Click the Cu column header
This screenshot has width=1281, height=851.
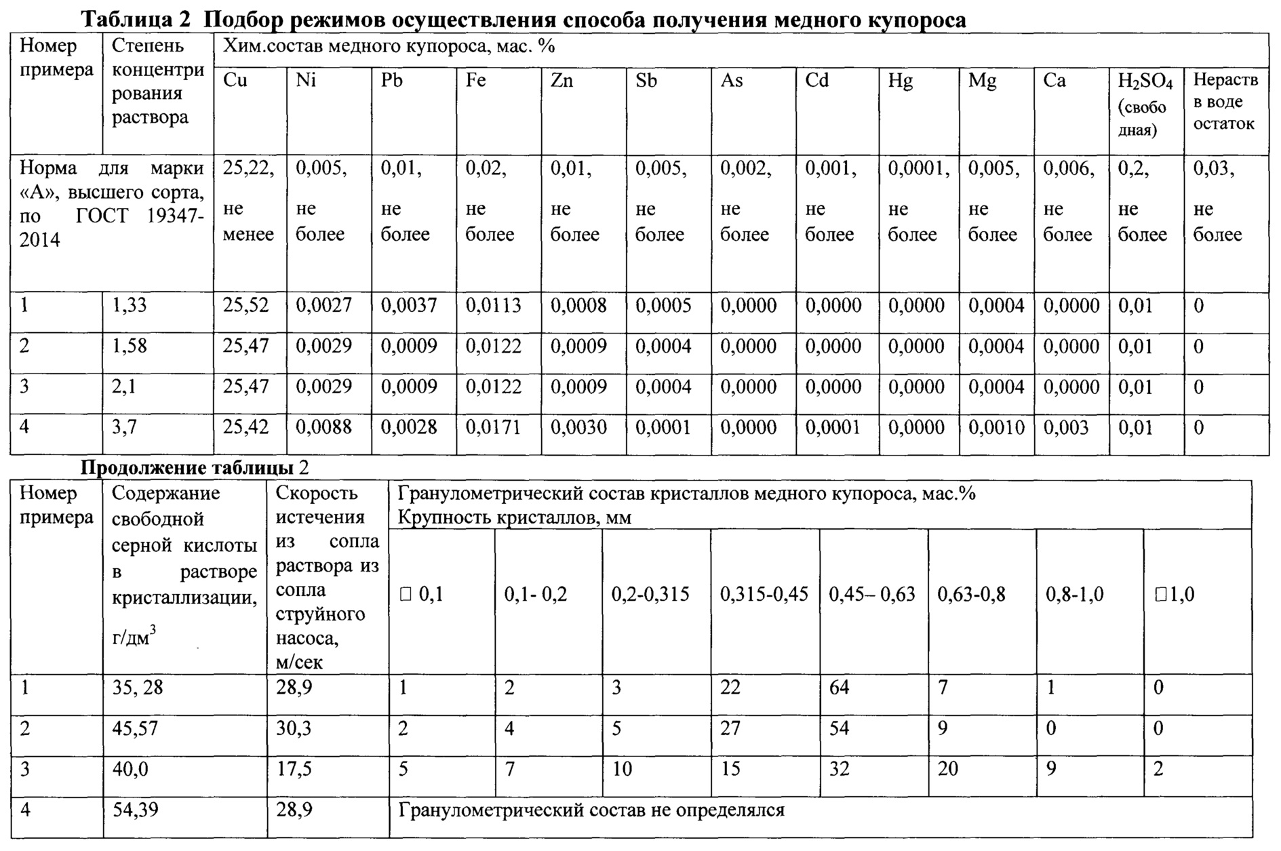point(235,81)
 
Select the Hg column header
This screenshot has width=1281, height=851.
point(901,81)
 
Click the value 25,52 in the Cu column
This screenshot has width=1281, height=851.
point(245,306)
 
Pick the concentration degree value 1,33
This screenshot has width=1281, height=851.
point(129,306)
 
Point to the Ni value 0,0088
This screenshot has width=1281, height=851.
point(323,427)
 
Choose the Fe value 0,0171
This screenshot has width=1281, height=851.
point(493,427)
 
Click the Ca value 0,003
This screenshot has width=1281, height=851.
point(1065,427)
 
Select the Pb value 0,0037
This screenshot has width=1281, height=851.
point(408,306)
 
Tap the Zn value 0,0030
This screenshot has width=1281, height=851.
point(578,427)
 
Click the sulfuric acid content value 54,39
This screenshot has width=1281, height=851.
point(135,810)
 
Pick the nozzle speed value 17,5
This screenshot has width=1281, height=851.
point(294,769)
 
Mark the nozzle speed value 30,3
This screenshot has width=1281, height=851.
point(294,728)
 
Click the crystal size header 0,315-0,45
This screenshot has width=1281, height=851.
point(764,595)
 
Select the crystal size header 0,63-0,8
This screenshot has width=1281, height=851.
point(971,595)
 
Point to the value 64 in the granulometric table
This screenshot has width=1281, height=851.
point(839,688)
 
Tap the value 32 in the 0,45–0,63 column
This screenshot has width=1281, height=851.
point(839,769)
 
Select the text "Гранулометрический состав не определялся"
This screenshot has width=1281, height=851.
point(591,810)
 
